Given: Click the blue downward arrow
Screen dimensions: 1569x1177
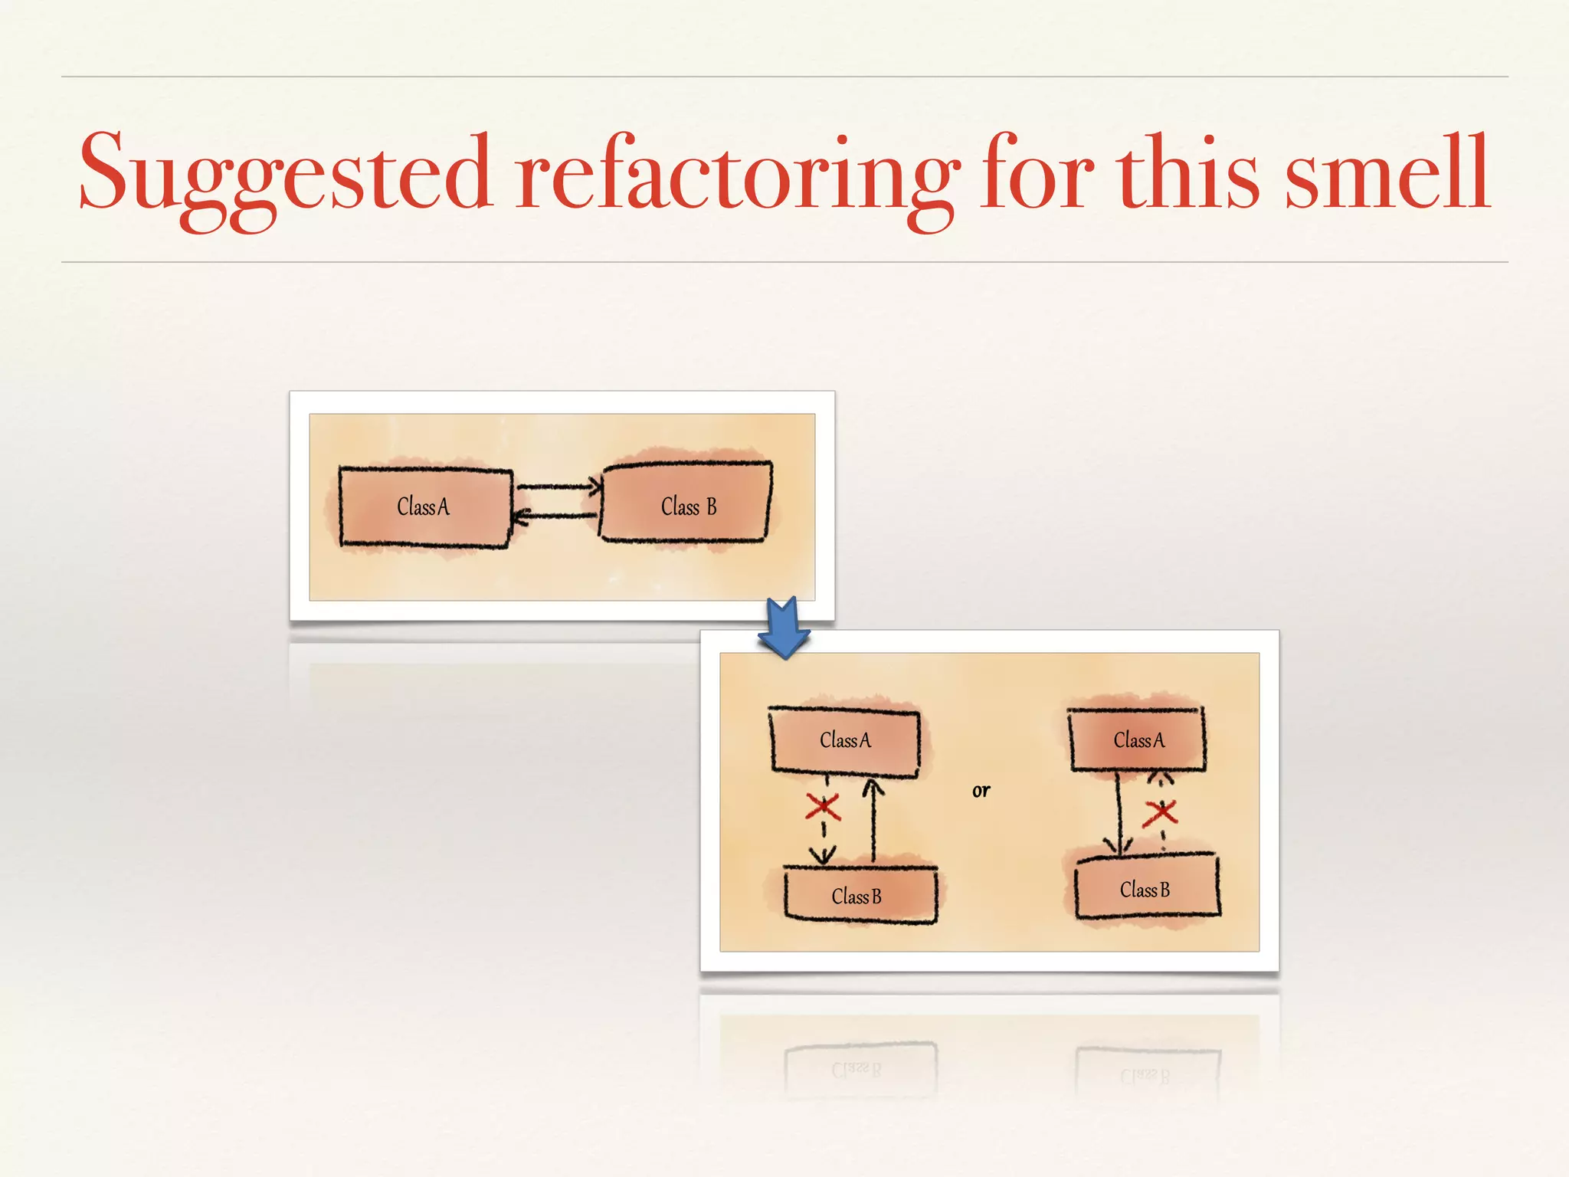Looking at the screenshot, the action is pos(784,628).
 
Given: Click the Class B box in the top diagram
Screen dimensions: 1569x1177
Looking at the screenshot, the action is pos(686,502).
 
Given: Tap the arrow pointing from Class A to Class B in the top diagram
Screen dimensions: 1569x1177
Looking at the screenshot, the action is pos(558,486).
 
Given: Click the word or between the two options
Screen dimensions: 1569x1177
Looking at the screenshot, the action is pos(981,791).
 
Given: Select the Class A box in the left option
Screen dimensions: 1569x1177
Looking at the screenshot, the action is pos(845,741).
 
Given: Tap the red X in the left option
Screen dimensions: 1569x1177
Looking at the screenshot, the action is pos(823,807).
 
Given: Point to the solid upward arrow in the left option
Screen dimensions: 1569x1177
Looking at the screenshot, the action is pos(873,820).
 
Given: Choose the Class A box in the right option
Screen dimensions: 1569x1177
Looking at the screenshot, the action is pos(1138,739).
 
